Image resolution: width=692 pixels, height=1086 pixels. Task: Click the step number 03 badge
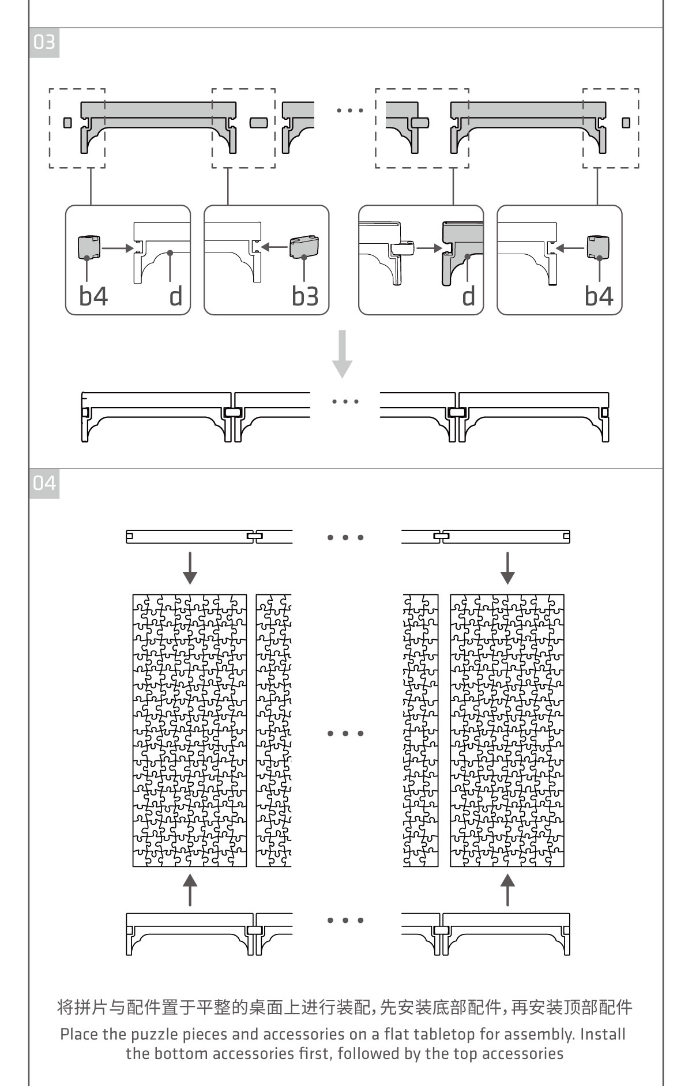(44, 43)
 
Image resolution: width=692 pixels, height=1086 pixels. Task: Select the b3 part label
(305, 296)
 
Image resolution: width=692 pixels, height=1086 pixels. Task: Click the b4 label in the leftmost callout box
(93, 296)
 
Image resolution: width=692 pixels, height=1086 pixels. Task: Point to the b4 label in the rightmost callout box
(599, 296)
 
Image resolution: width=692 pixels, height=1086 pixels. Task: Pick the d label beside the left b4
(176, 296)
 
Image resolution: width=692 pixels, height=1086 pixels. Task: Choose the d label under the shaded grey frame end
(469, 296)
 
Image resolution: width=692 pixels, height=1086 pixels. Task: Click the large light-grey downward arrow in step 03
(343, 353)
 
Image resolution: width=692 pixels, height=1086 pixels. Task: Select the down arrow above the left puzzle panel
(190, 568)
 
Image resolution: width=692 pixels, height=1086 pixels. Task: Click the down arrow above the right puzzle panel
(507, 568)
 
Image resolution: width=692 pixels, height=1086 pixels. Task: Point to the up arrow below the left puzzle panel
(190, 889)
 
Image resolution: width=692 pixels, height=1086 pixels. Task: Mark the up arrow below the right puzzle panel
(507, 889)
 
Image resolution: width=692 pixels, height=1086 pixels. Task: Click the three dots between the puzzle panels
(345, 734)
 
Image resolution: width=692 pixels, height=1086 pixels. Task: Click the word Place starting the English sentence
(80, 1034)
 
